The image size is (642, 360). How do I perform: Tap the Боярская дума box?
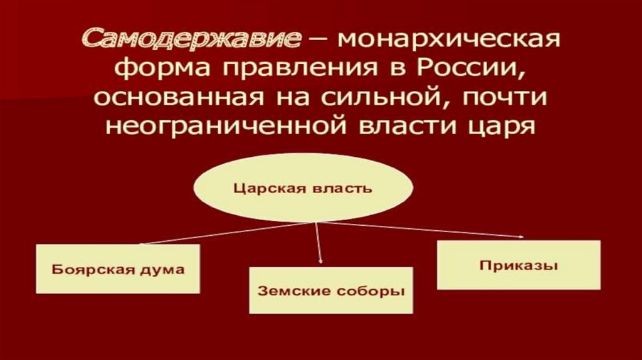tap(118, 269)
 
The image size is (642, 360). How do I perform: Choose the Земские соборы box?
tap(331, 290)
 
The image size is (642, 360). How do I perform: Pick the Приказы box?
tap(518, 265)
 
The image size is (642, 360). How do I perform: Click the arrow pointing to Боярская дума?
tap(226, 233)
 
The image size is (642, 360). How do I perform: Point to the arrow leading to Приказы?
tap(420, 230)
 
